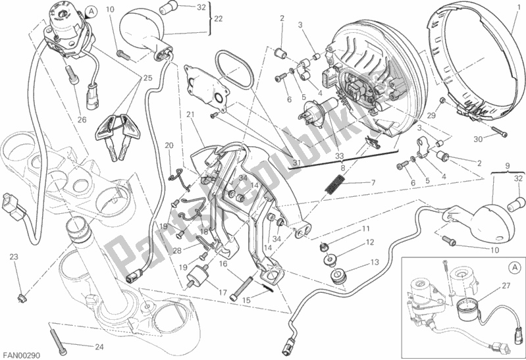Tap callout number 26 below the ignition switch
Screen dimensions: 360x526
(x=82, y=119)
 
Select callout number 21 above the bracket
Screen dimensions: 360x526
(x=190, y=115)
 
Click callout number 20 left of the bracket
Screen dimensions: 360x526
(x=169, y=145)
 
